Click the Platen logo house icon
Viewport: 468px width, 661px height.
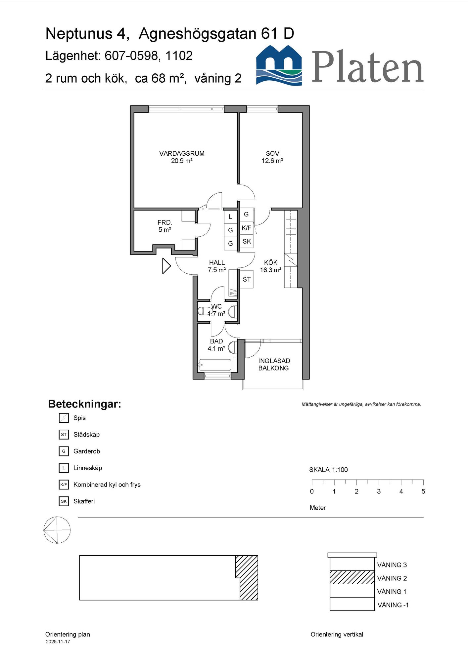pos(279,65)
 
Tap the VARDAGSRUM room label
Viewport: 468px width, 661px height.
pos(182,153)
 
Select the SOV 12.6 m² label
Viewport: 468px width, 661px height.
pos(272,157)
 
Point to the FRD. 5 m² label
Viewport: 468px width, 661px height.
pos(164,226)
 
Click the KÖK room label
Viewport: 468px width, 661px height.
pos(271,263)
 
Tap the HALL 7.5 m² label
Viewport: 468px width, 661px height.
pos(217,266)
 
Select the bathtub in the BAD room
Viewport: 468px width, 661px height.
pos(215,365)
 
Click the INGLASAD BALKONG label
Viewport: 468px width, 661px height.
pos(274,365)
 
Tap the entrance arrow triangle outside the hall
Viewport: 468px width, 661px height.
pos(166,266)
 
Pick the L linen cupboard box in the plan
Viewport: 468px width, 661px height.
pos(231,217)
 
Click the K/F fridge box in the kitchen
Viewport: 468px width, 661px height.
pos(246,228)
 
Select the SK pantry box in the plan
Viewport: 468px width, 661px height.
pos(247,242)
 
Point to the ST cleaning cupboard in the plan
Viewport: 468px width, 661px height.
pos(247,280)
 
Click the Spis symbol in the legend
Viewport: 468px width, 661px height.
pos(64,418)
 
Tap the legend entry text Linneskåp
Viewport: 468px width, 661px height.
pos(88,468)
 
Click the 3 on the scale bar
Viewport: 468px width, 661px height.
pos(379,491)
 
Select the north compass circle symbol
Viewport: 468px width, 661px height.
pos(57,530)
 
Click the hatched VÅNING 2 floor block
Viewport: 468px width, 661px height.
pos(352,577)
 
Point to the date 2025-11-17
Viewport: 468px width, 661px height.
pos(58,642)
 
